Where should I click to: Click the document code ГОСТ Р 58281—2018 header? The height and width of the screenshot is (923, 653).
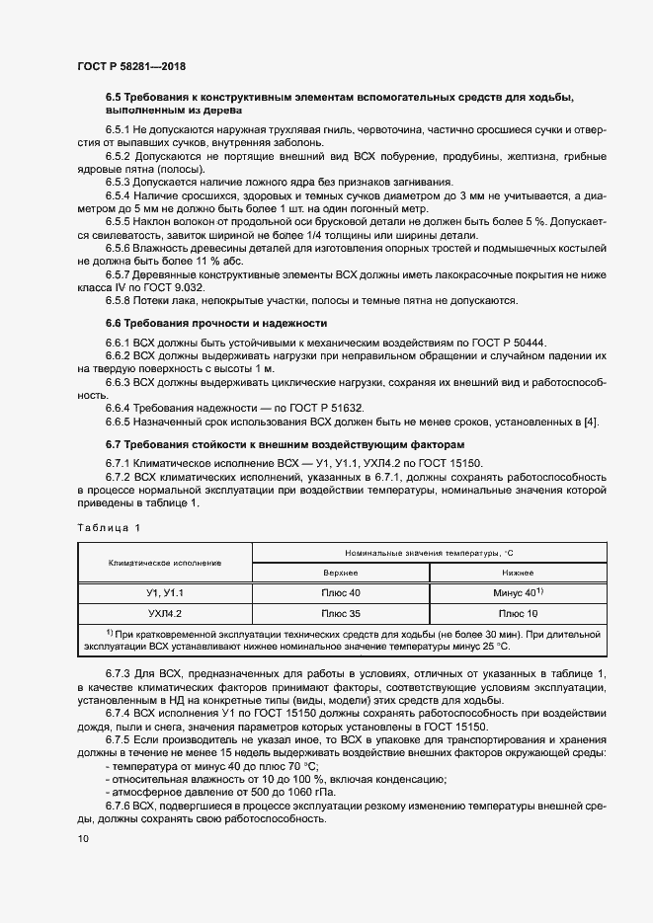130,66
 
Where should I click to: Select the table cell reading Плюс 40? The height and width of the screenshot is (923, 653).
341,592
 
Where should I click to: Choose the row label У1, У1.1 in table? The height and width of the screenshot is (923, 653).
165,592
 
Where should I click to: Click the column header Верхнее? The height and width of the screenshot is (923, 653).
341,572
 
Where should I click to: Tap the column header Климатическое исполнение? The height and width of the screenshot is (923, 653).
165,562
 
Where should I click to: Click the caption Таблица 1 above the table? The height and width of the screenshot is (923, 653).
109,528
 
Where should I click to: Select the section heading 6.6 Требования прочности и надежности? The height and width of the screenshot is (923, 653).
217,324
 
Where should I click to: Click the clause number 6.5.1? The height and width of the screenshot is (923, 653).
119,130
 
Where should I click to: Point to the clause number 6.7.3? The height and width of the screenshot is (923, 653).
119,673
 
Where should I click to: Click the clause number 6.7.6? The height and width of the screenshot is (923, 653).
119,808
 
